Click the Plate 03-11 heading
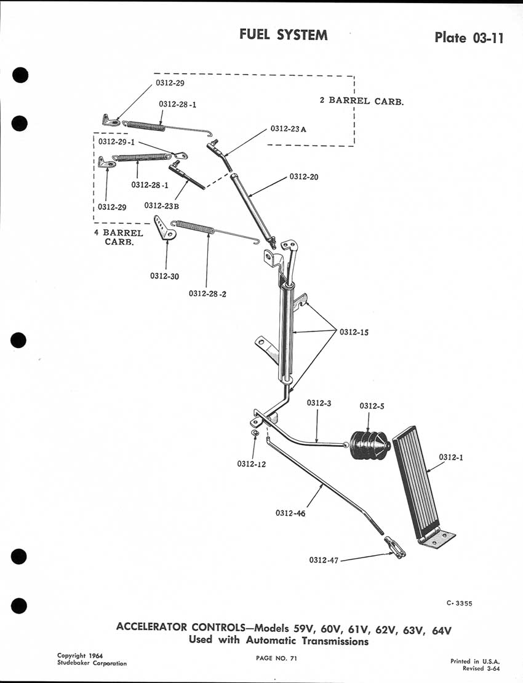pos(469,38)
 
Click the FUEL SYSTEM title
pos(284,35)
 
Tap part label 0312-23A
pos(288,130)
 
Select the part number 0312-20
pos(306,176)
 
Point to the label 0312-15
pos(356,333)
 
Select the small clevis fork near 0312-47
pos(394,548)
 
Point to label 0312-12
pos(251,464)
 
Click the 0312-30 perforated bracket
pos(165,230)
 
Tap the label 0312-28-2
pos(208,293)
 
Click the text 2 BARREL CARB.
pos(362,101)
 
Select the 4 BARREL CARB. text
pos(123,237)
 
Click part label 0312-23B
pos(162,206)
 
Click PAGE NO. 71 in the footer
pos(277,658)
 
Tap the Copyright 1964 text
pos(80,655)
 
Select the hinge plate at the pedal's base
pos(437,539)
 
